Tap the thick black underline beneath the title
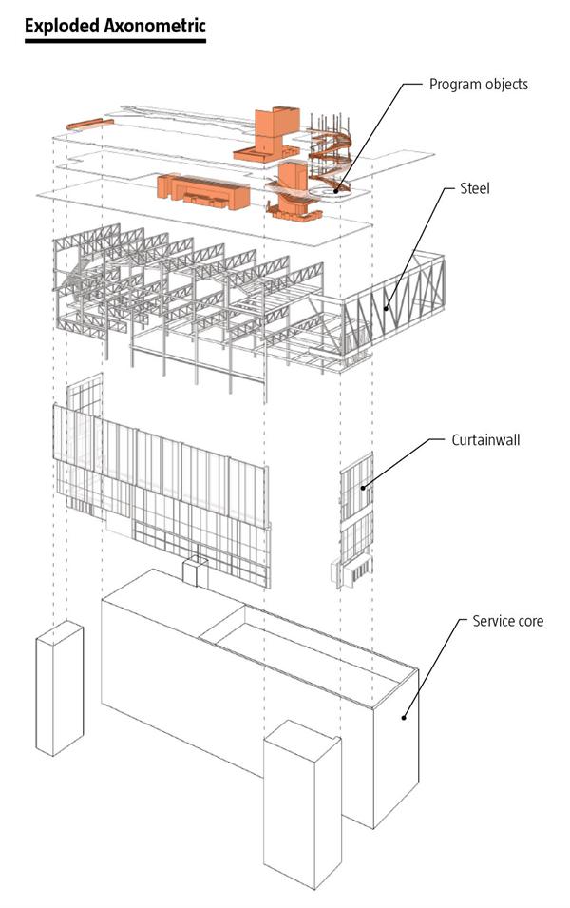(x=115, y=42)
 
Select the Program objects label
(x=478, y=85)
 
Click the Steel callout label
(x=475, y=189)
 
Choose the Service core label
(x=508, y=622)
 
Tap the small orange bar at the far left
(x=84, y=124)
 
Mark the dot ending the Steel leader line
(x=385, y=307)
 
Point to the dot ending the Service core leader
(x=404, y=718)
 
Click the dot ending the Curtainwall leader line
(x=362, y=487)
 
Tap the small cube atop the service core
(x=196, y=570)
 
